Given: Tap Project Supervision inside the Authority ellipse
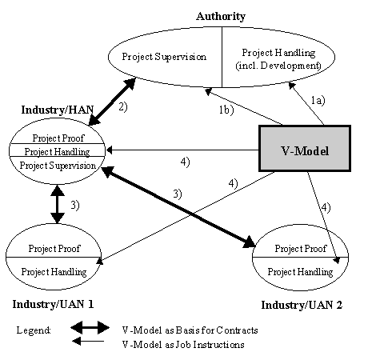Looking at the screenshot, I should (164, 57).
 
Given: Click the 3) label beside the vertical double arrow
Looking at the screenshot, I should (74, 206).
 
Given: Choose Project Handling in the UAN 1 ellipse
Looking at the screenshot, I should (54, 272).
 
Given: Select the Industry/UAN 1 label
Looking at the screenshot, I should (53, 305).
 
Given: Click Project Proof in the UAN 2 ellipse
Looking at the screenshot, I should (300, 248).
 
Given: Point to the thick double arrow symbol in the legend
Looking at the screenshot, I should (89, 328).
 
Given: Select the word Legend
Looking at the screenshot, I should (34, 330).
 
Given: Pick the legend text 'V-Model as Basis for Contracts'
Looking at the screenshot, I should (186, 330).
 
